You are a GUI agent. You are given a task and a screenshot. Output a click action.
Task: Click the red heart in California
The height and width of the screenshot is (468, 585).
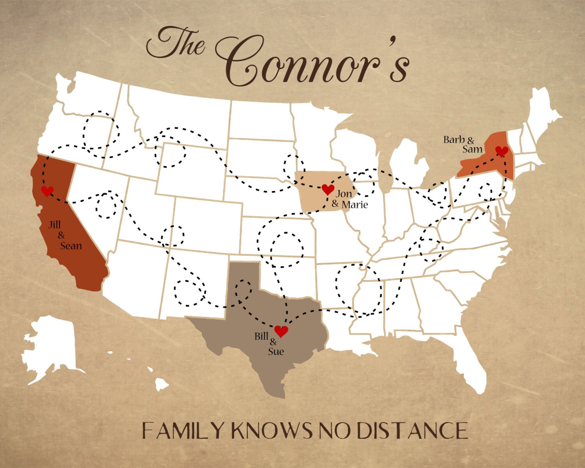click(48, 191)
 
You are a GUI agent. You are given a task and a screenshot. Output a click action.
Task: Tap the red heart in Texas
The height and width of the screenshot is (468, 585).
click(281, 331)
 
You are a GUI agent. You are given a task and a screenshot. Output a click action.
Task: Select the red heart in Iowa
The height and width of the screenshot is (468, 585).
click(328, 190)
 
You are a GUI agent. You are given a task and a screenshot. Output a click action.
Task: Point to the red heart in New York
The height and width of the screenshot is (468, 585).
click(502, 151)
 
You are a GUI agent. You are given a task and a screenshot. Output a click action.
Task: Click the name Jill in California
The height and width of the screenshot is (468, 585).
click(55, 225)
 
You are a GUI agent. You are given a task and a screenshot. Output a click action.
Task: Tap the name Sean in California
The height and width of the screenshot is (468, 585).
click(71, 246)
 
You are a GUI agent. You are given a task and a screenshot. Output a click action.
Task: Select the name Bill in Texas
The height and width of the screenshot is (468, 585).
click(262, 336)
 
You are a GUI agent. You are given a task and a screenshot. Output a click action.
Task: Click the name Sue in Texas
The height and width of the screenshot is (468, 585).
click(276, 351)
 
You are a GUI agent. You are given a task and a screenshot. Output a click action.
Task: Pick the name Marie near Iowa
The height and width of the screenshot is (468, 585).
click(355, 204)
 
